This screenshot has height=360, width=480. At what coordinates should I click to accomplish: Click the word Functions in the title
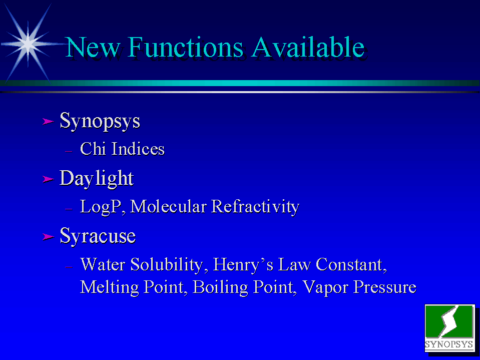(x=186, y=47)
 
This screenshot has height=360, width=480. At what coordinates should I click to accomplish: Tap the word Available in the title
(x=308, y=47)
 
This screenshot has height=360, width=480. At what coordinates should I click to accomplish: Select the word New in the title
(x=93, y=47)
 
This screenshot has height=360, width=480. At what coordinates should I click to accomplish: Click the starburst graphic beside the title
(x=28, y=44)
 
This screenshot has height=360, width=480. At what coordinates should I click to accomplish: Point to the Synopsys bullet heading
(x=100, y=121)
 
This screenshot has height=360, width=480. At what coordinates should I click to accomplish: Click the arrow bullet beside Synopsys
(x=49, y=122)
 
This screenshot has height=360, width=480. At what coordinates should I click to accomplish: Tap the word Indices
(x=138, y=149)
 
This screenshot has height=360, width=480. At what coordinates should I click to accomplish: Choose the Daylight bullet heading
(x=97, y=178)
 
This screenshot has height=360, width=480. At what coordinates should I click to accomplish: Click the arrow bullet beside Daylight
(x=49, y=179)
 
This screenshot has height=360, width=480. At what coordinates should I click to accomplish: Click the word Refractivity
(x=255, y=207)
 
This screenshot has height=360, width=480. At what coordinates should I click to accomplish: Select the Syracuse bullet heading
(x=98, y=236)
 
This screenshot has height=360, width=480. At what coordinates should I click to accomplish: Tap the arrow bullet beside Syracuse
(x=49, y=237)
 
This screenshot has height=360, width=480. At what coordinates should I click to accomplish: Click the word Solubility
(x=167, y=264)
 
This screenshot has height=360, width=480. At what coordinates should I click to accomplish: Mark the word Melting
(x=109, y=287)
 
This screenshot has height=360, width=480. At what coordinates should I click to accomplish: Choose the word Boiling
(x=220, y=287)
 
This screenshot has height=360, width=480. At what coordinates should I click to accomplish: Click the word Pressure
(x=385, y=287)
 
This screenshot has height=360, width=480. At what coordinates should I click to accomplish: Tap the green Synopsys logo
(x=449, y=328)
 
